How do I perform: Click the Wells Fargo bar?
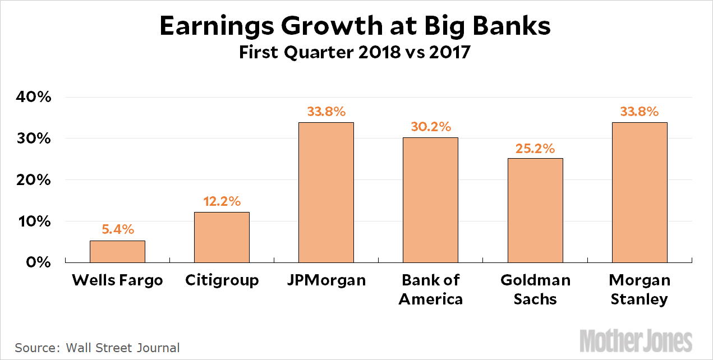tap(117, 252)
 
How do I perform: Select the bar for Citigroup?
tap(222, 237)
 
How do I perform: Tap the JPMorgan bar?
tap(326, 192)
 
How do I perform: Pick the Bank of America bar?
tap(430, 200)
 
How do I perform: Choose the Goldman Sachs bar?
tap(535, 210)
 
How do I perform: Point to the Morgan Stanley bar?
tap(640, 192)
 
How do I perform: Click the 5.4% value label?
tap(118, 229)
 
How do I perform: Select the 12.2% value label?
tap(222, 201)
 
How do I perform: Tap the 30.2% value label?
tap(430, 127)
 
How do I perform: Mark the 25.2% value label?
tap(535, 148)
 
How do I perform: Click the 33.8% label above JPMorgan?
tap(326, 111)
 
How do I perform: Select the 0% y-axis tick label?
tap(40, 262)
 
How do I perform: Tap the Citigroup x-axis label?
tap(222, 280)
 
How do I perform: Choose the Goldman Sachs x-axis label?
tap(535, 289)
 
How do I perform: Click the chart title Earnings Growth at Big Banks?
tap(356, 27)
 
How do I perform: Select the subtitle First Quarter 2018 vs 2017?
tap(356, 53)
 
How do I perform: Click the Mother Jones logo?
tap(636, 341)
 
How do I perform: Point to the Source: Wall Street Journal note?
tap(97, 348)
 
